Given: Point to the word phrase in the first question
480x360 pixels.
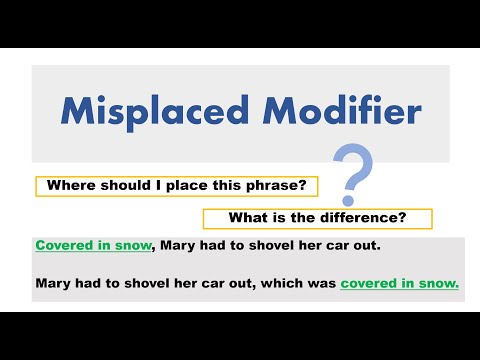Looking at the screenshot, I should click(x=290, y=186).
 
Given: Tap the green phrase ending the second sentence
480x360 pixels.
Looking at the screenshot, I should click(x=399, y=283).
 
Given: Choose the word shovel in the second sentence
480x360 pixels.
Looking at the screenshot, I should click(x=145, y=283).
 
